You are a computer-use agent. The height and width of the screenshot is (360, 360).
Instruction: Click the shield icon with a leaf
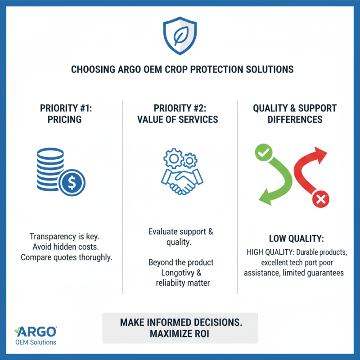coord(180,36)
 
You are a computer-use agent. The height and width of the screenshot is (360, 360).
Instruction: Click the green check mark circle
coord(261,154)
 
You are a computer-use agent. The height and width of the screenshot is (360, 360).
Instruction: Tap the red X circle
coord(321,199)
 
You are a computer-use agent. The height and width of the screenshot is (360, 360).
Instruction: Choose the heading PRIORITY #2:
coord(180,108)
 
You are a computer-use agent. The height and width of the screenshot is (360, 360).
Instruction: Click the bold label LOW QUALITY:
coord(297,238)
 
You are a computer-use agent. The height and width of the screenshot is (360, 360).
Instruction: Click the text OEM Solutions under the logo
coord(36,342)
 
